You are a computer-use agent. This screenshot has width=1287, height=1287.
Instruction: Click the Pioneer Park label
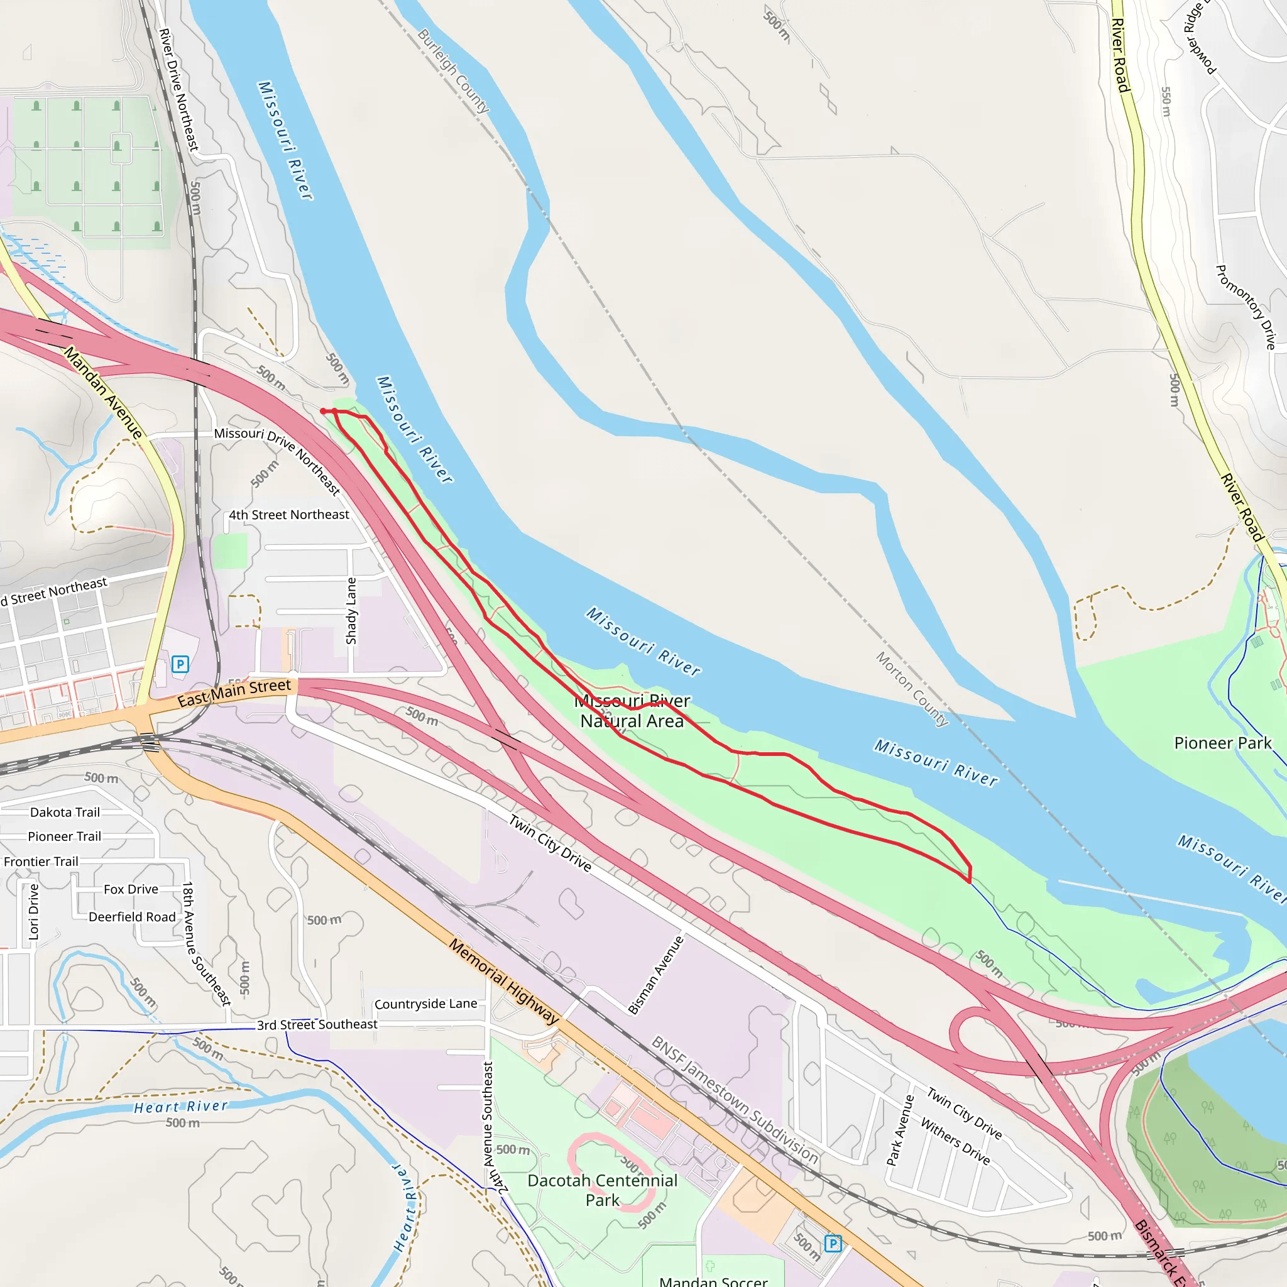pos(1222,743)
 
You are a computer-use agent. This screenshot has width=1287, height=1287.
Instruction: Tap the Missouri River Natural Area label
pos(632,711)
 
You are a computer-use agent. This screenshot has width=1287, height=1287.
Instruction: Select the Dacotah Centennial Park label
pos(602,1190)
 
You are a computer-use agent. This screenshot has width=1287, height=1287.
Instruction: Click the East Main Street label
pos(234,693)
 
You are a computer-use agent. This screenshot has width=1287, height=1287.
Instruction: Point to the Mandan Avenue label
pos(103,393)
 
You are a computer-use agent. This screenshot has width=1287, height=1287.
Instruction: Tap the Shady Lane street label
pos(351,611)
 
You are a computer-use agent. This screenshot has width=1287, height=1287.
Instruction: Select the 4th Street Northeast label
pos(288,515)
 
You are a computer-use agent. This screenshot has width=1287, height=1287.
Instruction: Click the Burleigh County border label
pos(454,70)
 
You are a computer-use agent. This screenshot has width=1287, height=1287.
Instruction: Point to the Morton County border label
pos(912,689)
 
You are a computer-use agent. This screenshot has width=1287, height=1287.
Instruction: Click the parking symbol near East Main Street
pos(180,664)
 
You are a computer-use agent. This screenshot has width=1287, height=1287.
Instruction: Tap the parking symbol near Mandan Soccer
pos(833,1243)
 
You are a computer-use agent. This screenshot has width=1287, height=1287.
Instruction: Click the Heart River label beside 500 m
pos(180,1107)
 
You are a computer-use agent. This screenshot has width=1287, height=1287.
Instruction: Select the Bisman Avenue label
pos(656,975)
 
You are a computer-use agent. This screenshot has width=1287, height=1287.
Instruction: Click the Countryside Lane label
pos(425,1004)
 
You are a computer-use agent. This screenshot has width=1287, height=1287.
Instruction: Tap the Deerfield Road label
pos(132,917)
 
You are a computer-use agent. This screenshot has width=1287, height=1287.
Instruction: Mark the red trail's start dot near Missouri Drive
pos(323,411)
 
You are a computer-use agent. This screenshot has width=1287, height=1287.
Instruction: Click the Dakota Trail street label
pos(65,812)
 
